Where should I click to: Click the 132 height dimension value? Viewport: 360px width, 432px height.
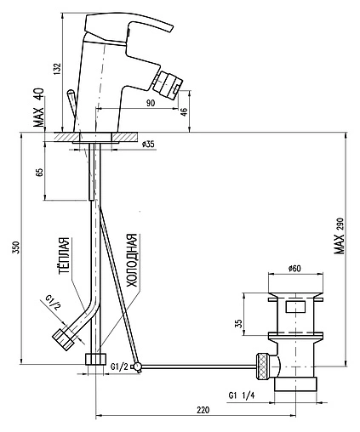[x=57, y=68]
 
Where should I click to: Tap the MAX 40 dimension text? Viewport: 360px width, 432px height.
[x=39, y=107]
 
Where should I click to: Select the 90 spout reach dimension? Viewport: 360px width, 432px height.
[x=151, y=103]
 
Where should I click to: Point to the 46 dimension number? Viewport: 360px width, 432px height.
[x=184, y=111]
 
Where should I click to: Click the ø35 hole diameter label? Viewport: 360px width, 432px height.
[x=148, y=144]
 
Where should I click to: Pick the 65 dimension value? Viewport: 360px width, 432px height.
[x=40, y=172]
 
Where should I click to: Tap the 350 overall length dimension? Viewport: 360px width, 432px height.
[x=16, y=247]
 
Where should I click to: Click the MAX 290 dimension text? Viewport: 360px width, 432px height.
[x=339, y=236]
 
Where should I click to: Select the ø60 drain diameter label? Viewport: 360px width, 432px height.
[x=294, y=268]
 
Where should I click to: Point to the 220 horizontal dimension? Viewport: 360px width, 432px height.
[x=203, y=410]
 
